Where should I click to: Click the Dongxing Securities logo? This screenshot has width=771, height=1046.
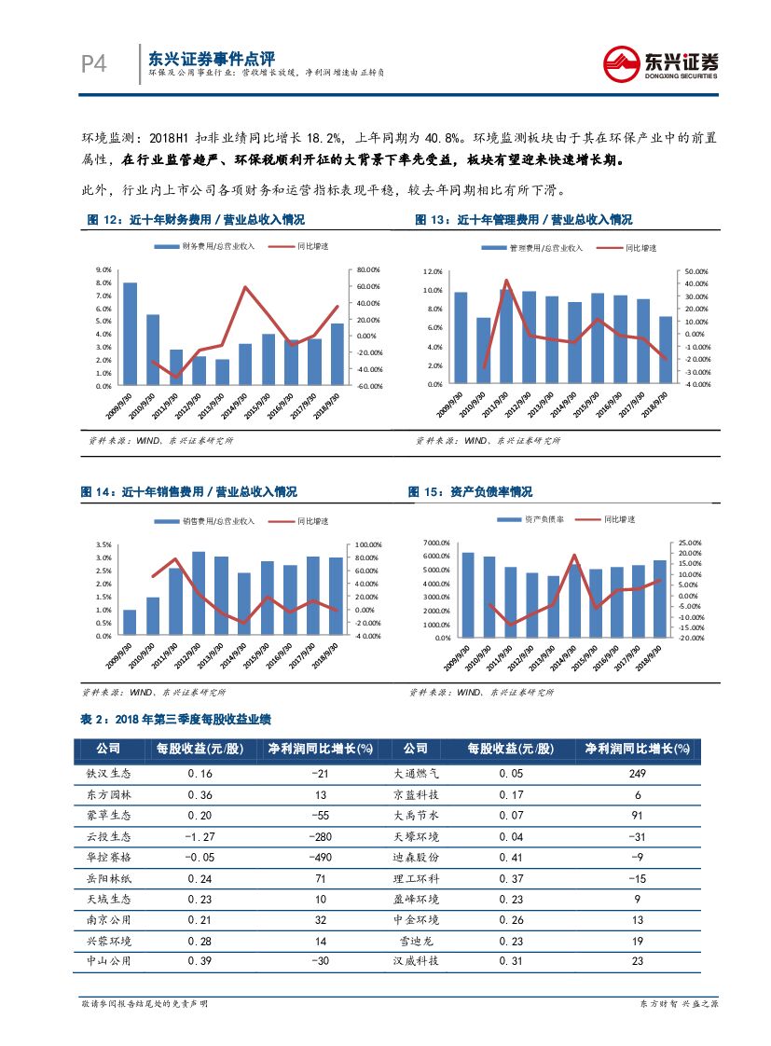[x=660, y=63]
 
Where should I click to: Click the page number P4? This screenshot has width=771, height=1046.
[x=94, y=63]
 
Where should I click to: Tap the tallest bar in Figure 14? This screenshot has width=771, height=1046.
[x=199, y=594]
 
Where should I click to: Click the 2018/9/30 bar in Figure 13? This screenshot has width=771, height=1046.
[x=665, y=350]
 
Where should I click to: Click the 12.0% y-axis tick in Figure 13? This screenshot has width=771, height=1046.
[x=432, y=271]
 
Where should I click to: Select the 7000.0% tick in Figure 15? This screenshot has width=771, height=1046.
[x=435, y=543]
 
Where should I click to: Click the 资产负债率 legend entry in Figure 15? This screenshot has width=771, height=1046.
[x=543, y=518]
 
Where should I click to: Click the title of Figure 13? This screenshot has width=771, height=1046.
[x=524, y=220]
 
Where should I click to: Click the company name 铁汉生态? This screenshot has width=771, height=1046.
[x=109, y=773]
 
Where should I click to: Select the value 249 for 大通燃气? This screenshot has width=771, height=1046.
[x=638, y=773]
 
